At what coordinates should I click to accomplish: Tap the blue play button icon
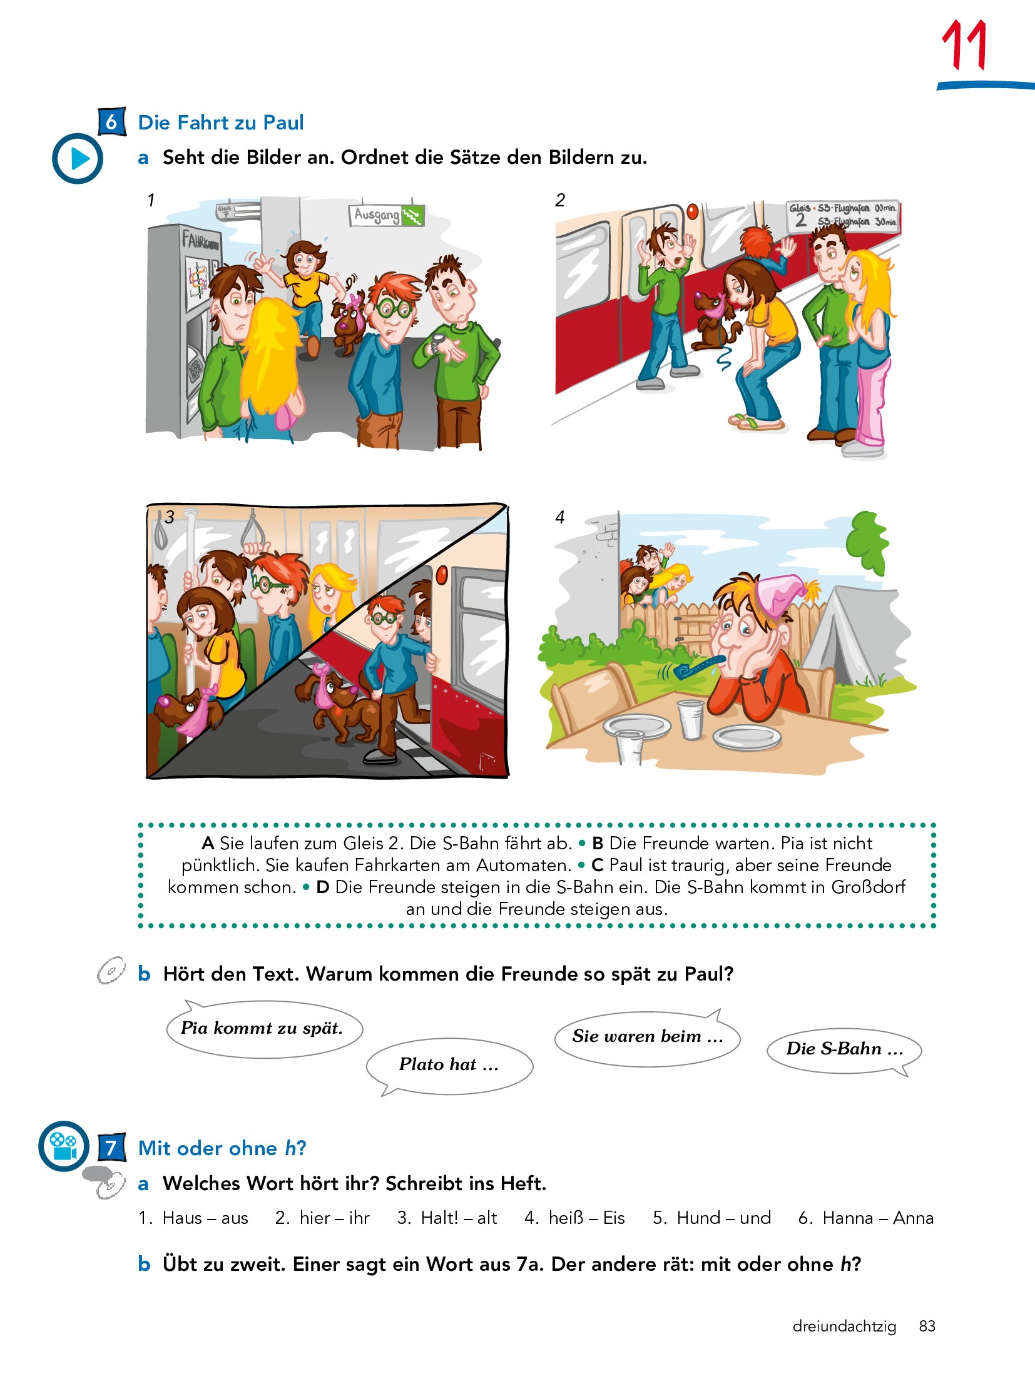click(x=78, y=158)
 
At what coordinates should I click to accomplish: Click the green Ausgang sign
click(x=386, y=215)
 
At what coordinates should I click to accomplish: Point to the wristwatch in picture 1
click(x=437, y=343)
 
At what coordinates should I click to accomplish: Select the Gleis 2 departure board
click(x=843, y=216)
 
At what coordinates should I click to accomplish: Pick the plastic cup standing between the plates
click(x=691, y=719)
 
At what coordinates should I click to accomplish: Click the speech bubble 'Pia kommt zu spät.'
click(x=264, y=1028)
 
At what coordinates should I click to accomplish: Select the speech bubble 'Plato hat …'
click(x=449, y=1067)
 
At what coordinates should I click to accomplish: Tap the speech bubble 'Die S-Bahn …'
click(x=845, y=1050)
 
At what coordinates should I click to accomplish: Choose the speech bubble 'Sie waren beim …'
click(x=648, y=1038)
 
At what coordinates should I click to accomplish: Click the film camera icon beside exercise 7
click(x=64, y=1146)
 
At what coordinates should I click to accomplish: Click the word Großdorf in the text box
click(x=868, y=887)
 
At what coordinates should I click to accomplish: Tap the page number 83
click(x=927, y=1326)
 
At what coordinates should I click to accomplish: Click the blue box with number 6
click(x=112, y=121)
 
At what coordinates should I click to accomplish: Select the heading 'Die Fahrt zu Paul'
click(x=221, y=123)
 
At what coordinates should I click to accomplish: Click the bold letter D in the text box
click(x=323, y=887)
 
